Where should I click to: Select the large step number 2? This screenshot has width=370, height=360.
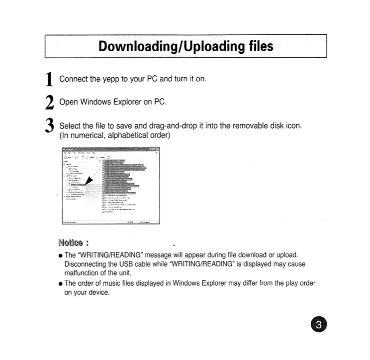[x=49, y=103]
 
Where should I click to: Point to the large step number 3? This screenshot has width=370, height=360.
[x=49, y=126]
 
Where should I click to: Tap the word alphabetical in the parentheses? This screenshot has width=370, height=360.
[x=132, y=135]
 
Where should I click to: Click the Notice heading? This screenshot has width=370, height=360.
[x=71, y=244]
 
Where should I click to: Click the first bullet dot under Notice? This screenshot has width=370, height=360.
[x=60, y=256]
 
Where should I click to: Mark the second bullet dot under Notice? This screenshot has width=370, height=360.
[x=60, y=284]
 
